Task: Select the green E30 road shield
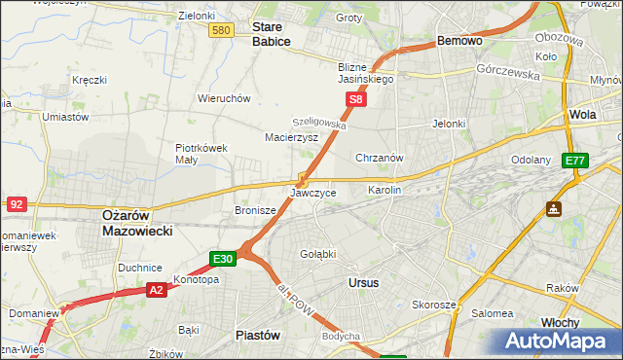[223, 258]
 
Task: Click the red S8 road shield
[357, 99]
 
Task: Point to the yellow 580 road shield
[221, 31]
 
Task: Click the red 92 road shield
[17, 203]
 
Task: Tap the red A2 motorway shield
[158, 289]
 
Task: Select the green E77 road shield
[576, 161]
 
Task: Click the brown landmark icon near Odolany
[553, 208]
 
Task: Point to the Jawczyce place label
[313, 193]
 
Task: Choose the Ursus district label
[363, 282]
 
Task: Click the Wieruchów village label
[225, 98]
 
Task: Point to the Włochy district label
[560, 322]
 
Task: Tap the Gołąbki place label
[317, 254]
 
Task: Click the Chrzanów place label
[380, 157]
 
